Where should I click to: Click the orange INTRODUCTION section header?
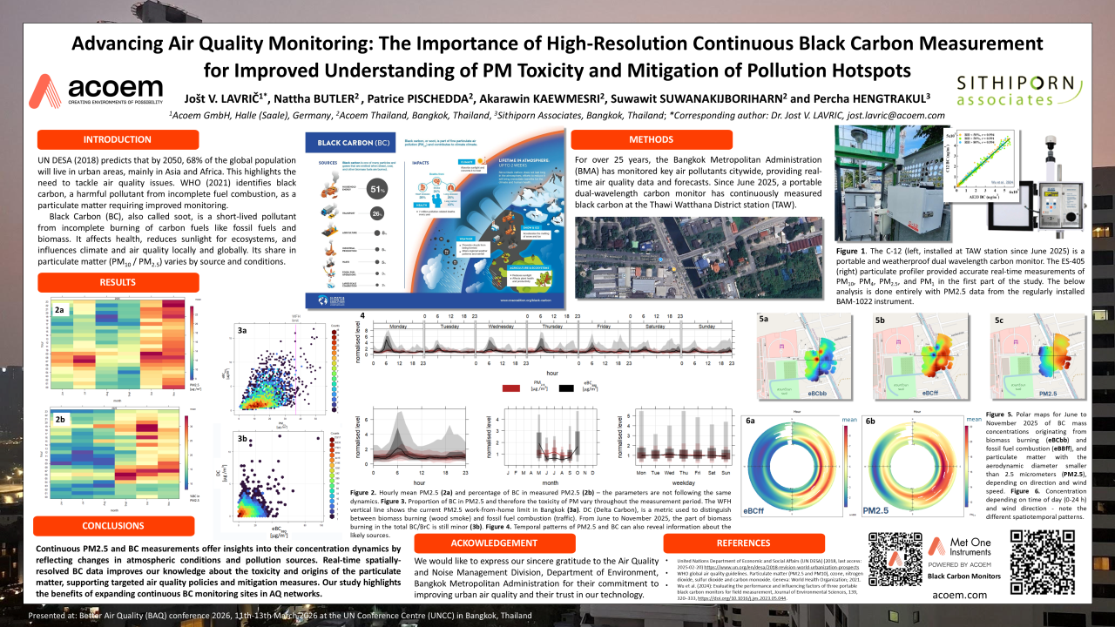pyautogui.click(x=118, y=139)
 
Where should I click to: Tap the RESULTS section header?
pyautogui.click(x=118, y=282)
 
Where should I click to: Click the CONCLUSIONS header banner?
pyautogui.click(x=113, y=526)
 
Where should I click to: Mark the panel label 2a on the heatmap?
pyautogui.click(x=59, y=310)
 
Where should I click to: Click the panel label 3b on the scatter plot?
pyautogui.click(x=248, y=439)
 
